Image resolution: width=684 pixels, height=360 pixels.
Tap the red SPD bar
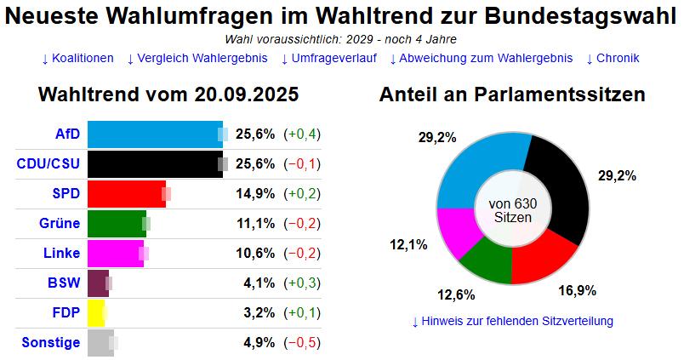click(x=127, y=194)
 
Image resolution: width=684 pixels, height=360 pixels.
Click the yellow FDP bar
click(x=96, y=313)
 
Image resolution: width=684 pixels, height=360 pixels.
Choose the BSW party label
click(x=65, y=283)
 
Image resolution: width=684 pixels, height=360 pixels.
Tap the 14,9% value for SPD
click(x=255, y=194)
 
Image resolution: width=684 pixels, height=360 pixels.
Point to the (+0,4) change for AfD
click(x=302, y=134)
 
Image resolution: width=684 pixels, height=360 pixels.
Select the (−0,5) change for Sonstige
click(x=302, y=343)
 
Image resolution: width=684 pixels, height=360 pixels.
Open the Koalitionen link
click(x=77, y=59)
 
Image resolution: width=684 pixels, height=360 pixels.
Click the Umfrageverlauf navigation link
click(x=328, y=59)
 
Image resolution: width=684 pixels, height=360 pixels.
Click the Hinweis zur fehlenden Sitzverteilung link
click(x=512, y=321)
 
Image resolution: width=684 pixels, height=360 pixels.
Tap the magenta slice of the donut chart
click(x=459, y=232)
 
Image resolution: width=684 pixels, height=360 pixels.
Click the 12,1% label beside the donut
click(x=408, y=245)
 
